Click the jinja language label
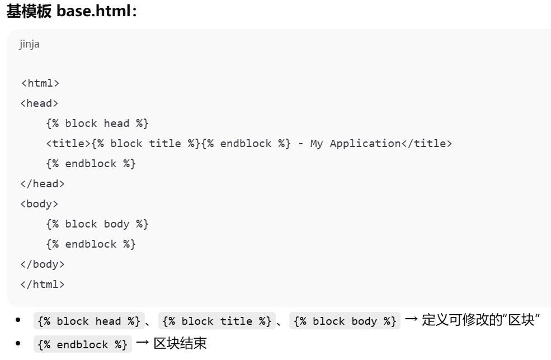(30, 44)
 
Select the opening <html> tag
(40, 83)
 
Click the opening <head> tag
(40, 103)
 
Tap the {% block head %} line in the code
(97, 124)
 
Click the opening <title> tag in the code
(68, 144)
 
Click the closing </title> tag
(426, 144)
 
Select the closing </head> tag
(43, 184)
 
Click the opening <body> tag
(40, 204)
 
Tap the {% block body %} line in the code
(97, 224)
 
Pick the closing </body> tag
(43, 264)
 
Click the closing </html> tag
(43, 285)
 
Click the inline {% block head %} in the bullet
(88, 321)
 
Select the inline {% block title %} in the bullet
(216, 321)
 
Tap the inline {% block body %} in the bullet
(345, 321)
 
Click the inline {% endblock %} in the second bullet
(83, 344)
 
